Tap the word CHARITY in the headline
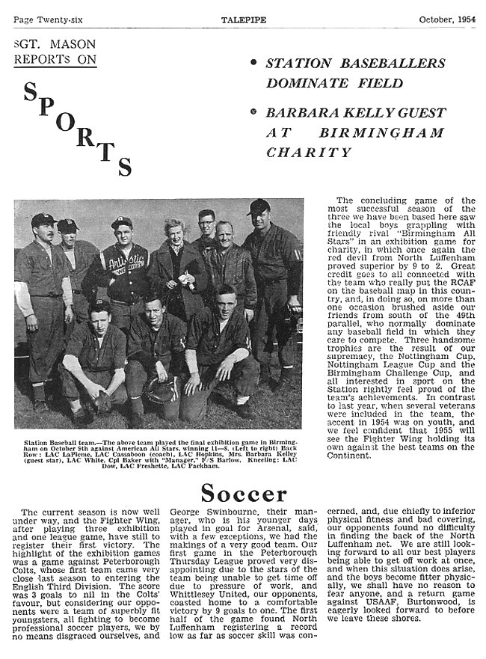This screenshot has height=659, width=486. [309, 152]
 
